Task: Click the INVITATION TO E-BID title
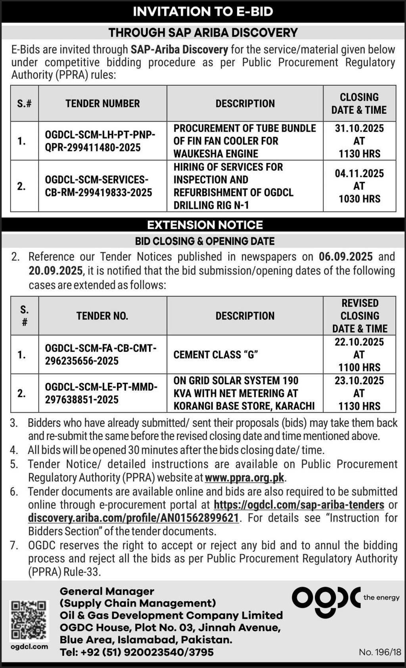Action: pos(203,11)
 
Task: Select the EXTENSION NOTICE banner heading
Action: pos(205,225)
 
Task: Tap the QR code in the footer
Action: pos(29,620)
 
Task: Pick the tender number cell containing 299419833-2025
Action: pos(98,186)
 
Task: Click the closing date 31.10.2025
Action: pos(359,128)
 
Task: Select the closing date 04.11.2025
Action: pos(359,174)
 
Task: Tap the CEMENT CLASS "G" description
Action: pos(216,355)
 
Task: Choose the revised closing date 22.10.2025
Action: pos(359,342)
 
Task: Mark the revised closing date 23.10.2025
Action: pos(359,381)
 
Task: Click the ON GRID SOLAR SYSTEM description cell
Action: pos(244,393)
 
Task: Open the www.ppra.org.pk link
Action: pos(245,478)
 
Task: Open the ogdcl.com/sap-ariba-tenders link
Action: pos(299,505)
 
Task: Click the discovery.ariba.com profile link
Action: pos(134,518)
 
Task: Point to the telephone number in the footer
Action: pos(136,652)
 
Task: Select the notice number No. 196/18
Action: pos(380,652)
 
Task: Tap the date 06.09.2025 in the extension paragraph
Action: pos(345,257)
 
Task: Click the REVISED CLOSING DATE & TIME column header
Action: pos(360,316)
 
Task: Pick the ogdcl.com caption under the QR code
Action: pos(29,647)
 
